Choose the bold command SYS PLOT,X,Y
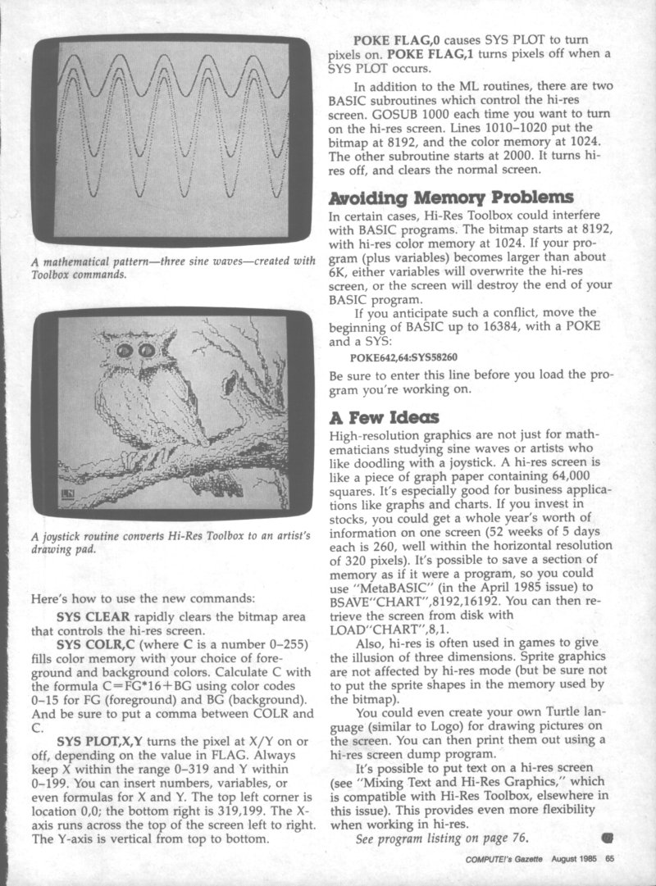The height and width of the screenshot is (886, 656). click(101, 743)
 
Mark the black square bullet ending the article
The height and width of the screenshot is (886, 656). click(608, 837)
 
